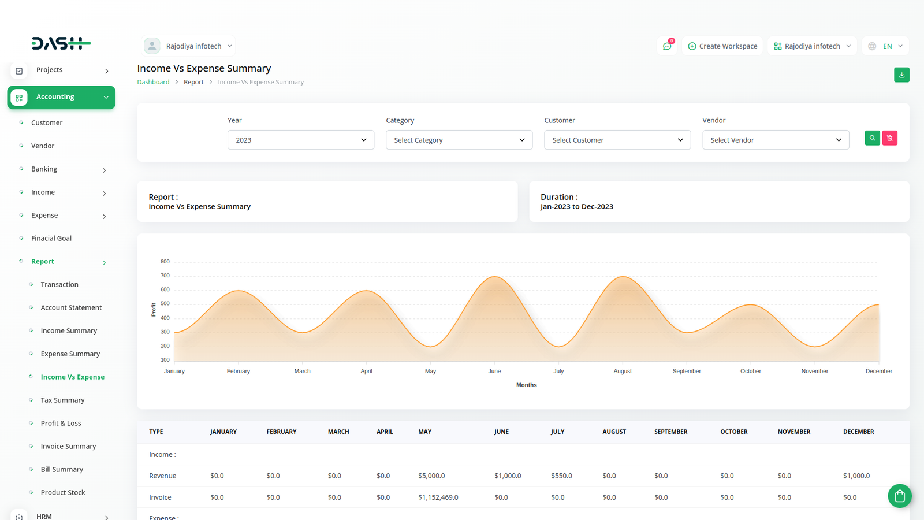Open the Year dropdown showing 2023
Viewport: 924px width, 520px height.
tap(301, 140)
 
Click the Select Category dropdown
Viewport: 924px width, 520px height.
tap(459, 140)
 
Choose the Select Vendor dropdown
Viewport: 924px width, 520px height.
tap(776, 140)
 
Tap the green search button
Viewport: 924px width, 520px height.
tap(872, 138)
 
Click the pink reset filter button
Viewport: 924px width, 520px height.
tap(890, 138)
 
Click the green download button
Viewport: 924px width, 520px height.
tap(901, 75)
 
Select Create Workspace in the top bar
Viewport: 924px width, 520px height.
tap(722, 46)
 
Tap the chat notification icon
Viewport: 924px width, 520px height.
tap(667, 46)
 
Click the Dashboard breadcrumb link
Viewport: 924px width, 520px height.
tap(153, 82)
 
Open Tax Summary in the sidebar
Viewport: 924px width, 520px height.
tap(62, 400)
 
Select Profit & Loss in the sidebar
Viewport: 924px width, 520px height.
tap(61, 423)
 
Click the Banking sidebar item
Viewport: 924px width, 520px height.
tap(44, 169)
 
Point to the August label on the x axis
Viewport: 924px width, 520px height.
tap(623, 371)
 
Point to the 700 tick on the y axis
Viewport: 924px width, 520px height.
tap(165, 275)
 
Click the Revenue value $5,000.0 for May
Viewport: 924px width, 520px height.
tap(431, 476)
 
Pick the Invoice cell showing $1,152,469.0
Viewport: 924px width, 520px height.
tap(438, 497)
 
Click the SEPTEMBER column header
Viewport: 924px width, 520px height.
tap(670, 432)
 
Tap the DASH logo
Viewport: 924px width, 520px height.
tap(61, 43)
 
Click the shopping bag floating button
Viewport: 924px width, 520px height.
tap(900, 496)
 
